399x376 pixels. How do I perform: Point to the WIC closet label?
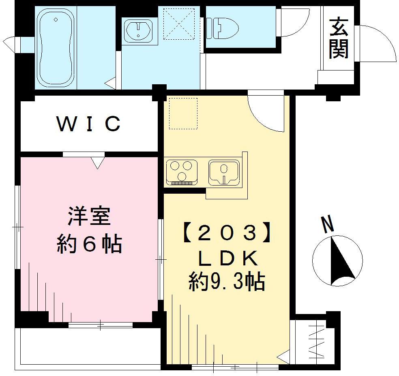[89, 124]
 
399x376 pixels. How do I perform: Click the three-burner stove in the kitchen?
[181, 172]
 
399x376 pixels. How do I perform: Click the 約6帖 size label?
[89, 244]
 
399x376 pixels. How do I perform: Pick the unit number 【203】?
[226, 233]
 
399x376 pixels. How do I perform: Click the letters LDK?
[226, 258]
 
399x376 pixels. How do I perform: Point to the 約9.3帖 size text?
[226, 282]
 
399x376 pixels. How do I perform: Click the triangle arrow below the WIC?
[98, 162]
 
